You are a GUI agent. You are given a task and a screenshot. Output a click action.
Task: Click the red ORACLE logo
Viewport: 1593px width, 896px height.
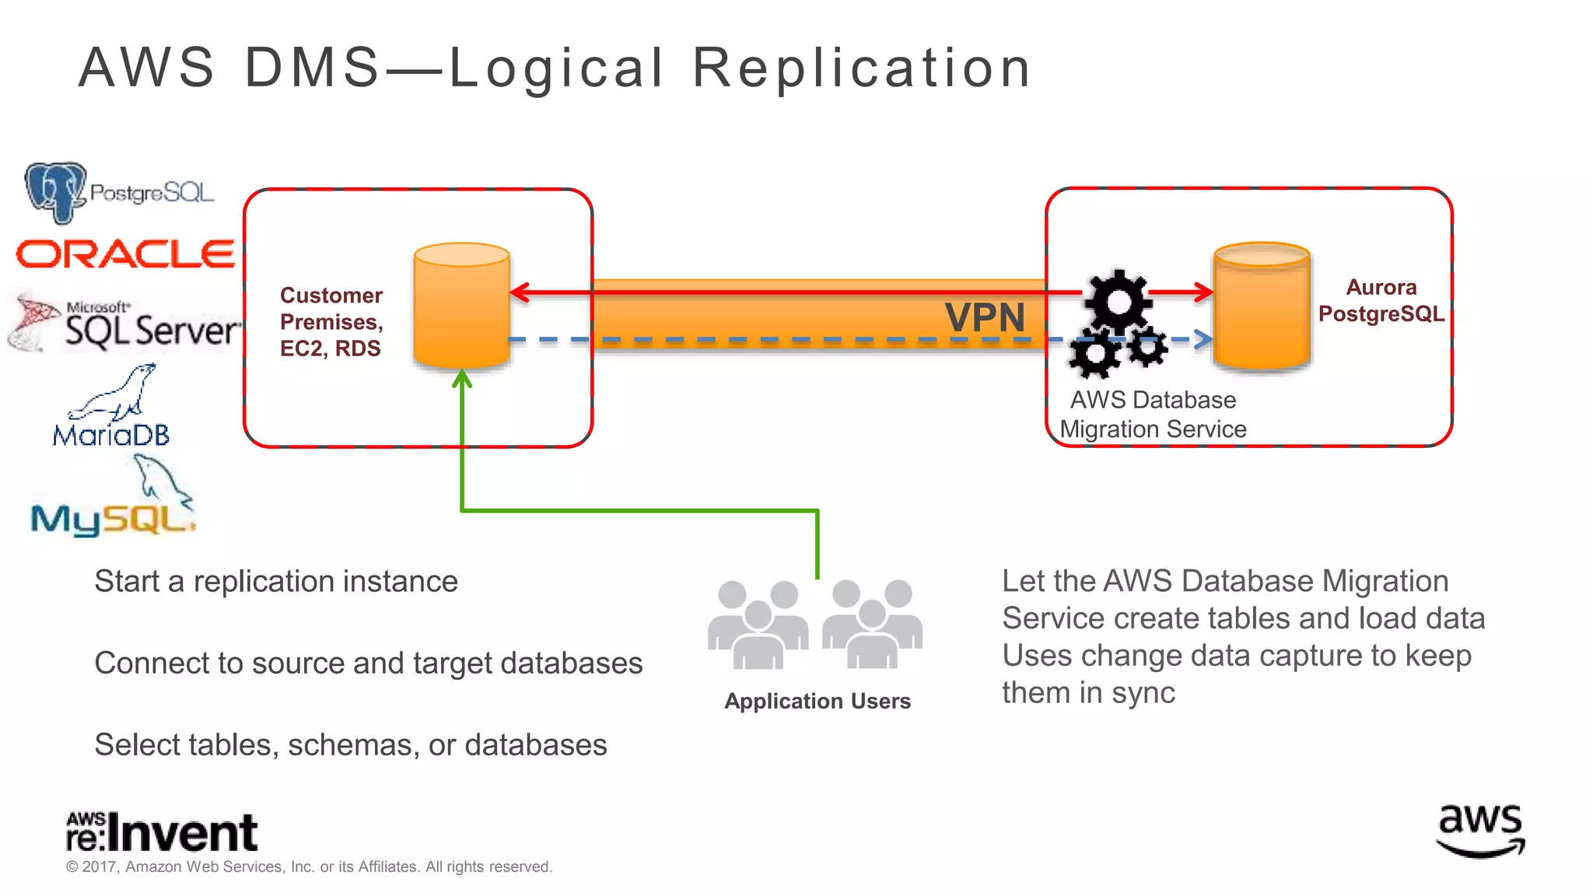coord(124,254)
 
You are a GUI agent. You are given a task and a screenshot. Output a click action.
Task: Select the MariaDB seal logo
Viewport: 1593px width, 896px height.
coord(111,408)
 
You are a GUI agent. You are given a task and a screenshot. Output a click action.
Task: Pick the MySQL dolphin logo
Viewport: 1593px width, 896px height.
coord(113,502)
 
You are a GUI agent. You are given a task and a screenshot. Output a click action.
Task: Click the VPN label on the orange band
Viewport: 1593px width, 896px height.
coord(985,318)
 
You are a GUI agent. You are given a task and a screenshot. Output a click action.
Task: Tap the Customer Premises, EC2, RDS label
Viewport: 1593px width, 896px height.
coord(331,322)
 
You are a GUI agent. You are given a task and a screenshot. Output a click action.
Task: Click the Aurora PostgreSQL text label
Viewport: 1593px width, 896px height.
coord(1381,301)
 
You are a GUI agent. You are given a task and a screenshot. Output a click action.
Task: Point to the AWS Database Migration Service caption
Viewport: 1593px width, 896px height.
coord(1153,415)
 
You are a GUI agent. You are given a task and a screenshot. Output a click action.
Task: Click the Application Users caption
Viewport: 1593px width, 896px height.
coord(818,701)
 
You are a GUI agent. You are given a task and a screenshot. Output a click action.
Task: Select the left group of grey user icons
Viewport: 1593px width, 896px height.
coord(758,625)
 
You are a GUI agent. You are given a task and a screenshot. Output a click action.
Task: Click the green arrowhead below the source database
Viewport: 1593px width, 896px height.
coord(462,379)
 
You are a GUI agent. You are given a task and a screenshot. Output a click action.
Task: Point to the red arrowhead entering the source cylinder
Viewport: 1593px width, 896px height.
coord(519,292)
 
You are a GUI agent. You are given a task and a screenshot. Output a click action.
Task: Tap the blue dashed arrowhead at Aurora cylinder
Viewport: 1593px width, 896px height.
coord(1204,339)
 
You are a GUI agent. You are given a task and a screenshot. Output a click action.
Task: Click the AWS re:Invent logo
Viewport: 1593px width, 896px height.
coord(162,831)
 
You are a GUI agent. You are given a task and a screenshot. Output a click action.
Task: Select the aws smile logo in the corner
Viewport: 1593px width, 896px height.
coord(1480,830)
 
